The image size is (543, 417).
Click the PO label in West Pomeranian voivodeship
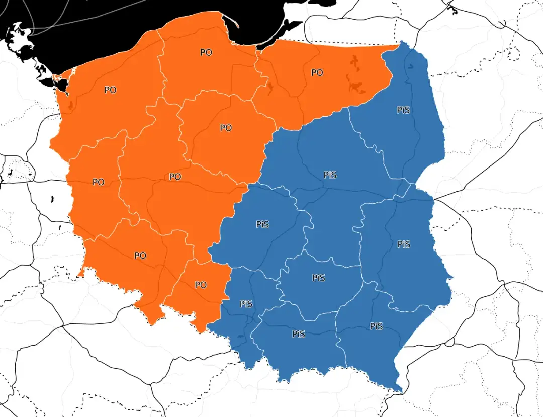click(110, 90)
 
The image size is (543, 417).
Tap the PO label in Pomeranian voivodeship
click(206, 52)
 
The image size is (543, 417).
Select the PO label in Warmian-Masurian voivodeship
click(317, 73)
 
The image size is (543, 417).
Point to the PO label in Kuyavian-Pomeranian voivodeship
click(226, 128)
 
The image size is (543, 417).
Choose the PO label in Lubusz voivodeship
click(99, 182)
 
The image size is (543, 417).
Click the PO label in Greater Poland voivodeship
click(175, 177)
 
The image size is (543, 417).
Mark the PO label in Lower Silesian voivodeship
click(140, 256)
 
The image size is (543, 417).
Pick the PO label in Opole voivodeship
click(201, 285)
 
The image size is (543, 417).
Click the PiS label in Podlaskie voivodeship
click(403, 110)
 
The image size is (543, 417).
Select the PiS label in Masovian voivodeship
click(330, 175)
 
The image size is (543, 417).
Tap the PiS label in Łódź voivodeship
click(262, 224)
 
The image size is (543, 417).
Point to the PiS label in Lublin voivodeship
click(404, 244)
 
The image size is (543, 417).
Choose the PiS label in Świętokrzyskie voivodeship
click(319, 278)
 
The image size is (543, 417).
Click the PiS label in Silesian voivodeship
click(246, 304)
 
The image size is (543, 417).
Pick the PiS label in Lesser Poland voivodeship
click(298, 333)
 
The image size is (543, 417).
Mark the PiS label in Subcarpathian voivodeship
click(376, 326)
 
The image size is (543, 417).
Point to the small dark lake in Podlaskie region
click(412, 65)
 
